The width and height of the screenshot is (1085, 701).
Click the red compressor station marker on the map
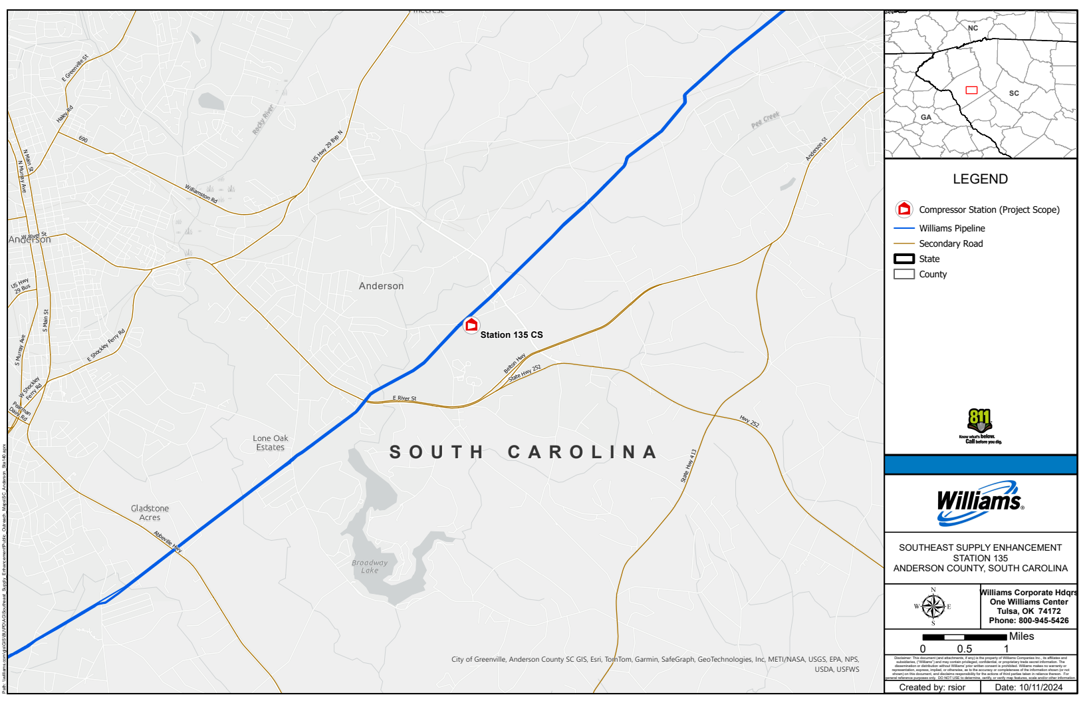pyautogui.click(x=471, y=325)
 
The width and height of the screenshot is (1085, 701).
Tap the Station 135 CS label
pyautogui.click(x=511, y=335)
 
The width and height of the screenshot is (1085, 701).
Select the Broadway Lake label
pyautogui.click(x=370, y=567)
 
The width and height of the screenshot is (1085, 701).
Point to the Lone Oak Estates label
pyautogui.click(x=271, y=443)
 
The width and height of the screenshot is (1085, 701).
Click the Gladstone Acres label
pyautogui.click(x=150, y=513)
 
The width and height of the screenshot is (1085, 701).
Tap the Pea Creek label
pyautogui.click(x=765, y=120)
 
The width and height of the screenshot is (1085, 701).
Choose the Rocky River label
pyautogui.click(x=263, y=120)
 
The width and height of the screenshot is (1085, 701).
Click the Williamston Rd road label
pyautogui.click(x=201, y=194)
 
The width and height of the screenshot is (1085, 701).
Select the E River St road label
pyautogui.click(x=404, y=398)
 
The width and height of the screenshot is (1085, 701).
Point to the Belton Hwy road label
pyautogui.click(x=515, y=363)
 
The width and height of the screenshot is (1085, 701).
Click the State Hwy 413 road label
pyautogui.click(x=689, y=466)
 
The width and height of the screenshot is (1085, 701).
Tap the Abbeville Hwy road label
pyautogui.click(x=168, y=541)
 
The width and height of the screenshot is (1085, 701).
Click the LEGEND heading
pyautogui.click(x=980, y=179)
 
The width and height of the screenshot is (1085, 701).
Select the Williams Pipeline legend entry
pyautogui.click(x=951, y=228)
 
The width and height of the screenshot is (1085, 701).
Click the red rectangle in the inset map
pyautogui.click(x=971, y=90)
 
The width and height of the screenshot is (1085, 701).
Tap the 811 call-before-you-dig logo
pyautogui.click(x=980, y=426)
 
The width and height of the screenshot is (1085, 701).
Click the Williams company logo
pyautogui.click(x=980, y=503)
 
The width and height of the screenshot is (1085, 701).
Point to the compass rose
pyautogui.click(x=933, y=606)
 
